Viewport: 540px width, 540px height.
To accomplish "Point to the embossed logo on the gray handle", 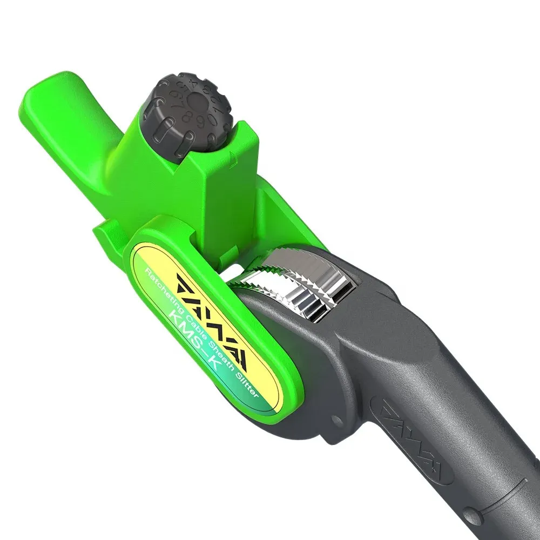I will [x=416, y=437].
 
